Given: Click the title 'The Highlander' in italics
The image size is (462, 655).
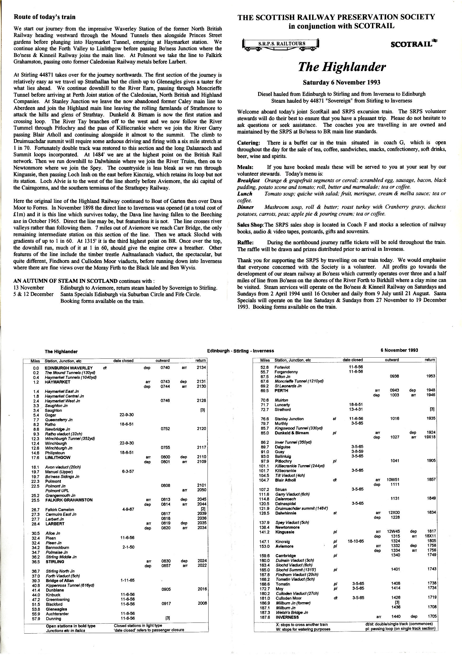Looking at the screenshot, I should (x=341, y=67).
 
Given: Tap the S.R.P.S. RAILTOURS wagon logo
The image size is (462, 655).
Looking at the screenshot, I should (x=281, y=44).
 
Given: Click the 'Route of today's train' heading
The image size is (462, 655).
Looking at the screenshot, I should (x=45, y=17).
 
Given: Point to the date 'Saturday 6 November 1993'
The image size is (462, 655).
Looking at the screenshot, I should (x=341, y=83).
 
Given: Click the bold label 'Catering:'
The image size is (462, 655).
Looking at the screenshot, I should (x=248, y=143).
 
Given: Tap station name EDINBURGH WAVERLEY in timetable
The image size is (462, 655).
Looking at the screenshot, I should (x=69, y=368).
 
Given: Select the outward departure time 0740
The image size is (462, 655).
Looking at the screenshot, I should (x=165, y=368).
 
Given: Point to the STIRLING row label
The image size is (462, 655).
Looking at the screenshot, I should (x=55, y=562).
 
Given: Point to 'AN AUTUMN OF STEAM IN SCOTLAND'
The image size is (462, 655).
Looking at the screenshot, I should (x=65, y=281).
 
